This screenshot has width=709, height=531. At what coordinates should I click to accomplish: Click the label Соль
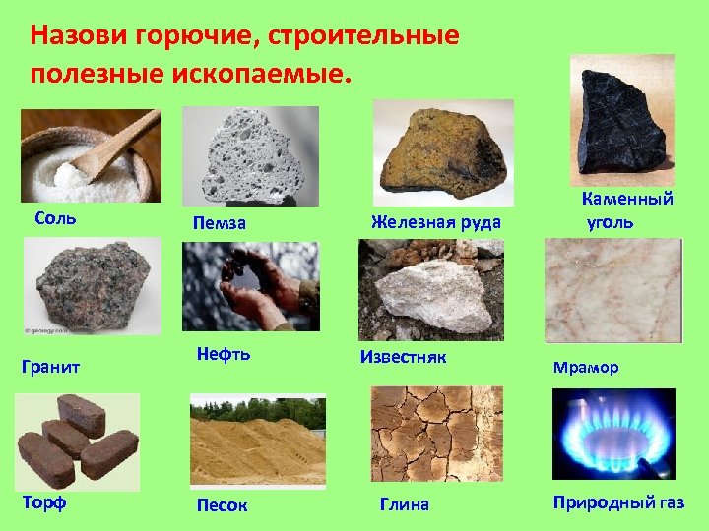coord(55,216)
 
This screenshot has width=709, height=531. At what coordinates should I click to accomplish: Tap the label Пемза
coord(219,224)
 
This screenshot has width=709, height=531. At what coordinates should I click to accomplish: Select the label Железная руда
coord(435,222)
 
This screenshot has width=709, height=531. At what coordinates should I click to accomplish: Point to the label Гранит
coord(50,367)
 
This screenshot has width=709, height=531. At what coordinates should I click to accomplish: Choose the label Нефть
coord(223,354)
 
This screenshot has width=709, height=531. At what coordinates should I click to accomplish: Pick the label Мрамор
coord(586,368)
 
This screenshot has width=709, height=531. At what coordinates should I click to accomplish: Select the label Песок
coord(222,505)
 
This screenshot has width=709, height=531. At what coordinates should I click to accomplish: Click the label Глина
coord(405,504)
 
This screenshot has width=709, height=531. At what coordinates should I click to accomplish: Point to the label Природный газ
coord(618,502)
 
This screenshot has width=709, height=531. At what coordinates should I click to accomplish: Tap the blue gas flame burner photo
coord(613,433)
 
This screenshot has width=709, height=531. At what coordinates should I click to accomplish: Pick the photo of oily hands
coord(250,286)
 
